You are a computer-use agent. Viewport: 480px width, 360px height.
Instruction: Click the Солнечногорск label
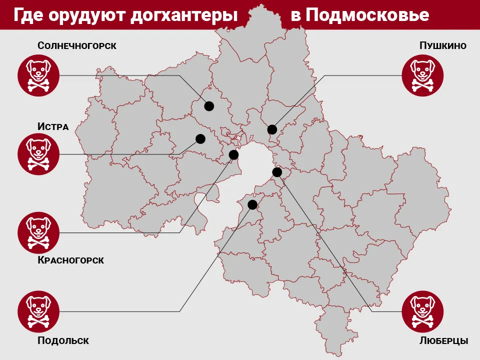coord(77,46)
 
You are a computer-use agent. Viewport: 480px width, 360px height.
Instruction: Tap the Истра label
coord(53,126)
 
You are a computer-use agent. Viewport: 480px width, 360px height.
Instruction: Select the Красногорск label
coord(70,260)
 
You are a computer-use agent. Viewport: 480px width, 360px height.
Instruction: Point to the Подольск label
coord(63,341)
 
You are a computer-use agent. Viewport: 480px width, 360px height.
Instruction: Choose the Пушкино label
coord(443,46)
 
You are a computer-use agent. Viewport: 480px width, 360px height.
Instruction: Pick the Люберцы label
coord(444,341)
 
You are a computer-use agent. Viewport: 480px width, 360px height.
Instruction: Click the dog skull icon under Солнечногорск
coord(38,75)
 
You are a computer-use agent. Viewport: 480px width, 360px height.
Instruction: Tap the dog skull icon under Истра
coord(38,154)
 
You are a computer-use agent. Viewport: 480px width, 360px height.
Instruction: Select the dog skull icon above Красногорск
coord(38,233)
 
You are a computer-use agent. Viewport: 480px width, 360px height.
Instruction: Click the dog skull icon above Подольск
coord(38,311)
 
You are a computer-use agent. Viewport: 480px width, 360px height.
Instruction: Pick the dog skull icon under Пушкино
coord(423,75)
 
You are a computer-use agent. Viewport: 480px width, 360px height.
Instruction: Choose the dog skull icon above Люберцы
coord(423,311)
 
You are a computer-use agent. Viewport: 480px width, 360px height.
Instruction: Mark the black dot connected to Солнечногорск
coord(209,106)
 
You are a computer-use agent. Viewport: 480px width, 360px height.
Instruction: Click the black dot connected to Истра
coord(200,138)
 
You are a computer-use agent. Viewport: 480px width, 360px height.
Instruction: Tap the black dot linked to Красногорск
coord(233,154)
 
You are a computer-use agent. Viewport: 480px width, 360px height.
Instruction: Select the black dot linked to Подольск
coord(252,204)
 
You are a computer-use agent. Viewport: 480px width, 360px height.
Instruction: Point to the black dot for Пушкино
coord(272,129)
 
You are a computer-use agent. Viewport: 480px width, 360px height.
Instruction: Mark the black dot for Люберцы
coord(277,172)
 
